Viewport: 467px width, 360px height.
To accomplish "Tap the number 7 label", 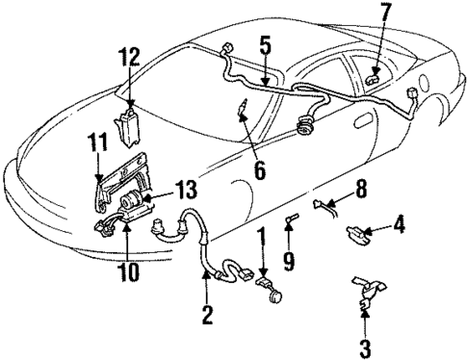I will pos(385,13).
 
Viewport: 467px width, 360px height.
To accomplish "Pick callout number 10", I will pos(128,271).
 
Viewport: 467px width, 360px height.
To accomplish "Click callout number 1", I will pos(261,236).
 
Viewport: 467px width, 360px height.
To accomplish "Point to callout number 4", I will pos(400,227).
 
